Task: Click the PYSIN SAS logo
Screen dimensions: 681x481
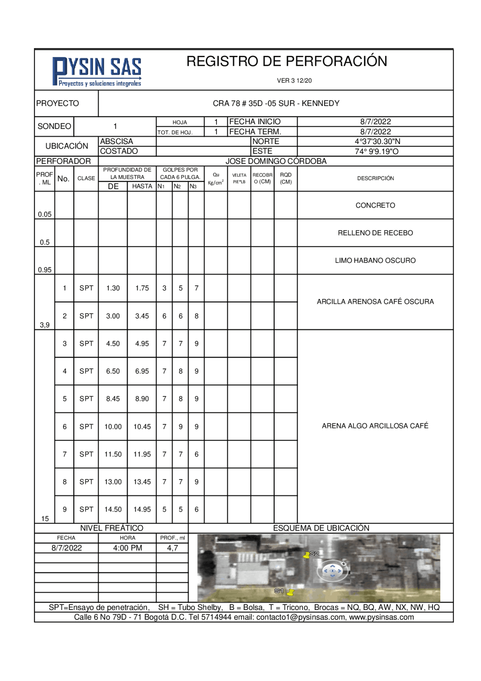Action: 97,71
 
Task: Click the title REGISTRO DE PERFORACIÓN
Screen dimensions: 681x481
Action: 286,61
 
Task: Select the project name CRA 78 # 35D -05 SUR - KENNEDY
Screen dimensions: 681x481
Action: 276,103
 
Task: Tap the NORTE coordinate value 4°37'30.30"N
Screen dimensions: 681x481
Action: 377,142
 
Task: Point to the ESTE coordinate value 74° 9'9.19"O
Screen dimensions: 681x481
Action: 377,152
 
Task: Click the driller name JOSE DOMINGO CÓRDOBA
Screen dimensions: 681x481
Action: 276,161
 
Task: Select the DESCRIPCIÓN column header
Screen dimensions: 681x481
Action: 375,179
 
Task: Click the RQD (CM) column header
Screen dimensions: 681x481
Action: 286,178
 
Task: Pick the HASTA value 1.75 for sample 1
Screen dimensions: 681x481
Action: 142,288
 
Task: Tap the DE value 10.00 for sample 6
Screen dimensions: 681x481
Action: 113,427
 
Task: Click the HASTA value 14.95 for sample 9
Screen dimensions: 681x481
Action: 142,510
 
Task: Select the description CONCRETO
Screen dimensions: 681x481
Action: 375,206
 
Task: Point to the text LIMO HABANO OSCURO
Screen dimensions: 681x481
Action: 375,261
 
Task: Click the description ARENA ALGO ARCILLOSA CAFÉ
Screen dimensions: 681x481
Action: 375,426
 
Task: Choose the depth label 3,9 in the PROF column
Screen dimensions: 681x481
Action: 45,325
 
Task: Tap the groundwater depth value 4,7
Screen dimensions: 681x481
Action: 172,548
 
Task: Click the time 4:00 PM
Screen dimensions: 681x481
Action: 127,548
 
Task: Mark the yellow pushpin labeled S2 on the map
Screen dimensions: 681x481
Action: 307,555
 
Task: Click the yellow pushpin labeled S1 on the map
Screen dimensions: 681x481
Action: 290,593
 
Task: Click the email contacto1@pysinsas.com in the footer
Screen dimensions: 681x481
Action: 301,617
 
